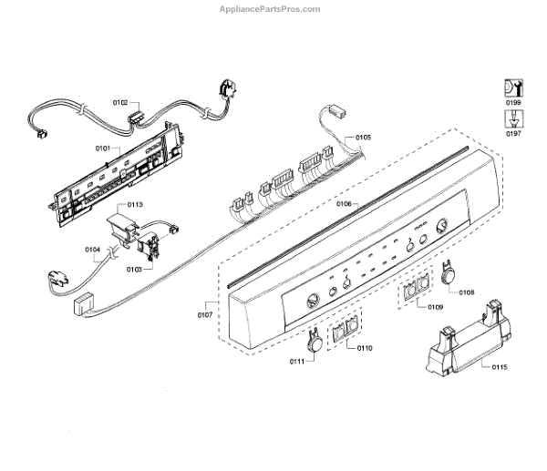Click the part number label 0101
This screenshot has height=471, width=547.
(102, 147)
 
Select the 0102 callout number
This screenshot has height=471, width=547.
(119, 103)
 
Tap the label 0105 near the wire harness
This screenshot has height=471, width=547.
(363, 138)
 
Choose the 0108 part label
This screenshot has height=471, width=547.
(466, 292)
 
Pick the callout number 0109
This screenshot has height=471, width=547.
(435, 308)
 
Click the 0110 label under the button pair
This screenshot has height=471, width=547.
(365, 348)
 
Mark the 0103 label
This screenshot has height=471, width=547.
(133, 270)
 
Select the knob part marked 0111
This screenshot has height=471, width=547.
(313, 341)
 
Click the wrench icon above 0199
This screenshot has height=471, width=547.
(513, 88)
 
